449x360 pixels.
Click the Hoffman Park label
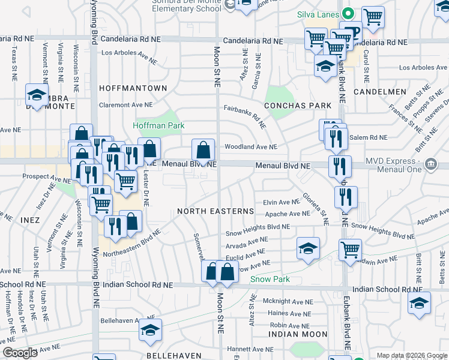[x=158, y=125]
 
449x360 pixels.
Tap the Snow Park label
[x=270, y=279]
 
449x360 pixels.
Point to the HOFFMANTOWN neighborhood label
[x=133, y=88]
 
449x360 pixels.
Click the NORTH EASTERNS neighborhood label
[x=215, y=212]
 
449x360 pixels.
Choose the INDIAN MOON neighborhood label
[x=298, y=334]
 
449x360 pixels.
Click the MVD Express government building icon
[x=430, y=164]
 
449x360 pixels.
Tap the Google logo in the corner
[x=20, y=352]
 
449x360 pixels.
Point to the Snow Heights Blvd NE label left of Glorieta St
[x=258, y=226]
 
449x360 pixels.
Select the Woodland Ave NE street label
[x=251, y=146]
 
